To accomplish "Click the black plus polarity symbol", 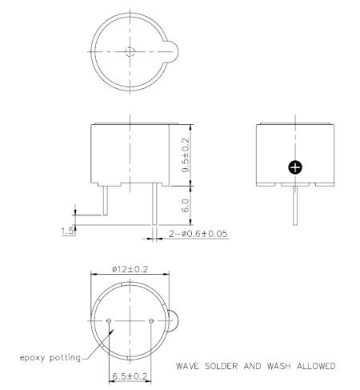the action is (295, 167).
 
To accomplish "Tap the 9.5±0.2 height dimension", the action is (186, 155).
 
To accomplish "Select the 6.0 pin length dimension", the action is (186, 205).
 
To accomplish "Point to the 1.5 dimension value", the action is (67, 231).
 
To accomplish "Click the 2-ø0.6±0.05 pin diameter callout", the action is (198, 234).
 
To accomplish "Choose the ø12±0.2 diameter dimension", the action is (130, 269).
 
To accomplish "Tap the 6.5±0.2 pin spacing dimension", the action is (130, 376).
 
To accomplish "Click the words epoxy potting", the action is (50, 358).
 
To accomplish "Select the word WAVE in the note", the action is (187, 366).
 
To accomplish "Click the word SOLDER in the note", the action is (221, 366).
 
